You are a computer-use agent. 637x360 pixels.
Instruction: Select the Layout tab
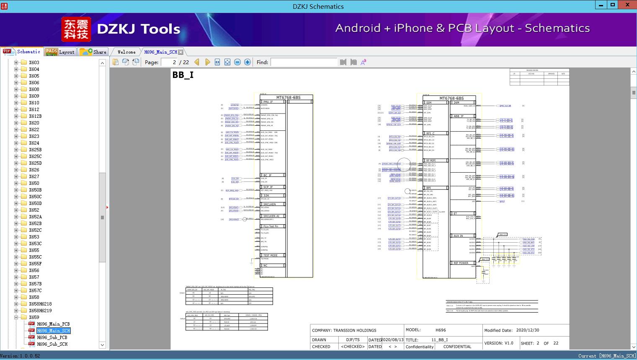coord(59,52)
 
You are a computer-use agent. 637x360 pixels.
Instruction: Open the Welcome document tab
coord(126,52)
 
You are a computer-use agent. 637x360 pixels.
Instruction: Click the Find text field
coord(304,62)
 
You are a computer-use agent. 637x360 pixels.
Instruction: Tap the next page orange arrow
coord(208,62)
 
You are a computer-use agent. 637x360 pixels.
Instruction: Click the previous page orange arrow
coord(197,62)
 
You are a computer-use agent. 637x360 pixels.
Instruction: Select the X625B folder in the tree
coord(35,150)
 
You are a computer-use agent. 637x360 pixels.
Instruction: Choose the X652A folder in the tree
coord(35,217)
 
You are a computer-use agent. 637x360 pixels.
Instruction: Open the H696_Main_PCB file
coord(53,324)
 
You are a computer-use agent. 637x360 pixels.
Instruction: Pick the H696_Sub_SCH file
coord(52,344)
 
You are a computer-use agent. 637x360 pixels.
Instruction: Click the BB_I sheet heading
coord(183,75)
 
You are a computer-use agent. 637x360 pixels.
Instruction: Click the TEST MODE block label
coord(270,255)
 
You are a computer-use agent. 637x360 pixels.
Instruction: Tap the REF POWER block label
coord(461,263)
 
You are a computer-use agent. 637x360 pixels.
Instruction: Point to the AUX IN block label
coord(458,236)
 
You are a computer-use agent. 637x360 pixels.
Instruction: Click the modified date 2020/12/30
coord(528,330)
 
